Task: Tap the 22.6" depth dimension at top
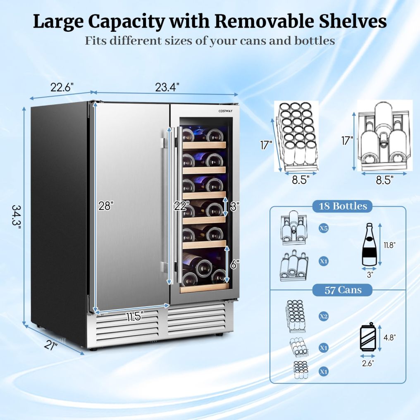62,88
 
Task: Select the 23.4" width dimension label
167,88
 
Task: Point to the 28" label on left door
106,206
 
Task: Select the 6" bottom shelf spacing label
234,265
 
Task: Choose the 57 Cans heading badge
343,290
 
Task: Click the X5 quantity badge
324,228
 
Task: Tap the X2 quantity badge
324,316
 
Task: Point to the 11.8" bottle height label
389,245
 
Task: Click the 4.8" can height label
389,337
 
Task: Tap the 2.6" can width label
367,363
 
